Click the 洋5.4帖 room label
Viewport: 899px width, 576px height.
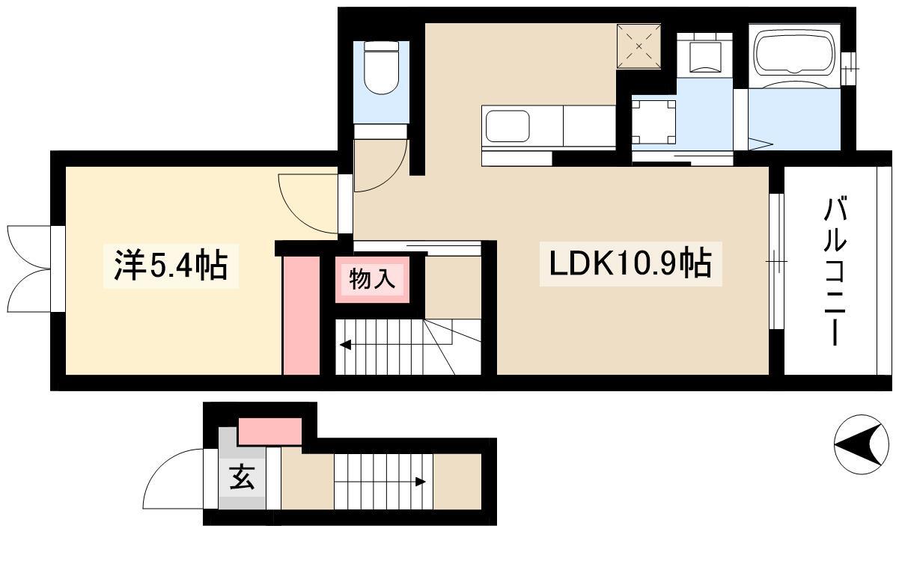(x=171, y=265)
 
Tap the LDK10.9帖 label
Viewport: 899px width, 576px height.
(x=630, y=263)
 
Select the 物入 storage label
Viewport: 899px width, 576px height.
(x=372, y=279)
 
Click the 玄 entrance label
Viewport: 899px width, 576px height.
(x=242, y=477)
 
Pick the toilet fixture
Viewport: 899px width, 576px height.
(x=381, y=67)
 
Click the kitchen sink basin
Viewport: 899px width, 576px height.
(x=508, y=126)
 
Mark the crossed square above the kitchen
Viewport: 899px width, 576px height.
(x=639, y=46)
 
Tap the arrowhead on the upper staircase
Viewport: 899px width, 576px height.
(x=346, y=345)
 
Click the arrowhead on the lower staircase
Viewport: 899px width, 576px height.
(x=420, y=482)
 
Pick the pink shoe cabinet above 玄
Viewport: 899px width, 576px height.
(x=270, y=431)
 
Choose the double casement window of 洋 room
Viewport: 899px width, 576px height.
(x=30, y=269)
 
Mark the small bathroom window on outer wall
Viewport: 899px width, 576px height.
(x=848, y=69)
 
